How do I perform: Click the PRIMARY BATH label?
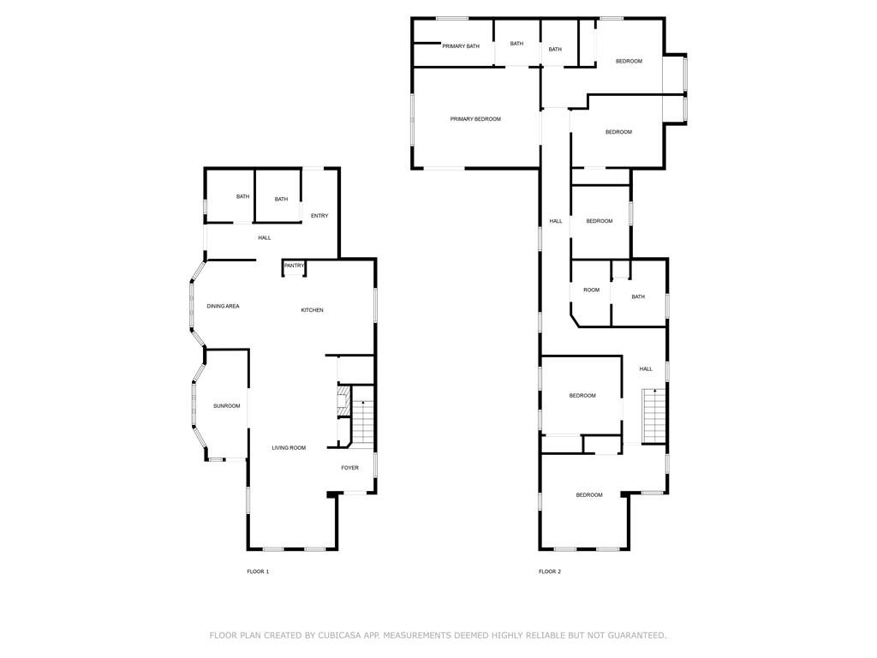(x=461, y=46)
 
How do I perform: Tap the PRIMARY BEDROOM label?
(x=475, y=119)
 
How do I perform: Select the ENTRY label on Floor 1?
(x=319, y=216)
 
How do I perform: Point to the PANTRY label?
(x=295, y=266)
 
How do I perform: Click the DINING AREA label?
(x=223, y=306)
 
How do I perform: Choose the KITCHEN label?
(x=312, y=310)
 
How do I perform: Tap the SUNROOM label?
(x=227, y=406)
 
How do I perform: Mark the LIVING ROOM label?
(x=289, y=448)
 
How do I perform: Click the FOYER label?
(x=349, y=468)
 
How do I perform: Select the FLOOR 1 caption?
(x=258, y=571)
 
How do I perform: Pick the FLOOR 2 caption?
(x=550, y=571)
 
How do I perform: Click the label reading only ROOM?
(x=592, y=290)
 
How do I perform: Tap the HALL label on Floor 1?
(x=265, y=237)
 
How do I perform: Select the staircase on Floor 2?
(x=654, y=416)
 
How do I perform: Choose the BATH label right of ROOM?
(x=638, y=297)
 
